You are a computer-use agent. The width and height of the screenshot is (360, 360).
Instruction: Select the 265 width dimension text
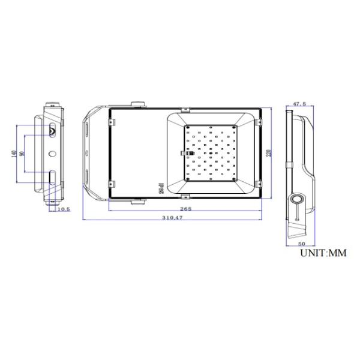(x=185, y=209)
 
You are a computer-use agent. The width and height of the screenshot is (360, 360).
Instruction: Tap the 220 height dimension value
(x=270, y=152)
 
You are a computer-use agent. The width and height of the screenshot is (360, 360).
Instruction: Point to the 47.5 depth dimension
(x=299, y=104)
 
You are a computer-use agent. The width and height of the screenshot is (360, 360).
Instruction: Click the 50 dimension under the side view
(x=301, y=244)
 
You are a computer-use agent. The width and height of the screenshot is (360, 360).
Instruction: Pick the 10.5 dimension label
(x=64, y=209)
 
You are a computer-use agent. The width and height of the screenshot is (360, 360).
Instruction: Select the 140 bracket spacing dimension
(x=13, y=153)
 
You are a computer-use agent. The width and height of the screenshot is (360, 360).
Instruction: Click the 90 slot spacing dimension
(x=22, y=154)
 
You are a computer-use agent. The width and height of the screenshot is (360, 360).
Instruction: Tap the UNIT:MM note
(x=323, y=254)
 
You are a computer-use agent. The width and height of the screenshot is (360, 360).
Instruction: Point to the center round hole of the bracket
(x=52, y=154)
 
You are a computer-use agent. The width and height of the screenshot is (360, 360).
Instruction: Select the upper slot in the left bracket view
(x=52, y=130)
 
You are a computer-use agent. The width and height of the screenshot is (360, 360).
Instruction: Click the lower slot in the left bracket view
(x=52, y=178)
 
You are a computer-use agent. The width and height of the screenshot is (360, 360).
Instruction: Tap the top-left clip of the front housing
(x=111, y=122)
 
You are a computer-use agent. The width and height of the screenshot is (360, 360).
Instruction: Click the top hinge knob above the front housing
(x=138, y=104)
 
